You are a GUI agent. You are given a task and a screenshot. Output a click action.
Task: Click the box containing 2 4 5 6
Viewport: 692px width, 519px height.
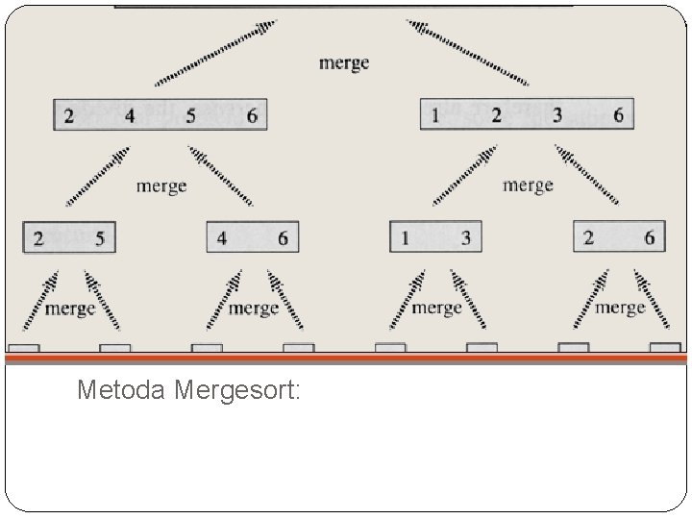(x=160, y=115)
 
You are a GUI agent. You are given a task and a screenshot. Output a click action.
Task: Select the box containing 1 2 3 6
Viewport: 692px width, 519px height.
(x=526, y=115)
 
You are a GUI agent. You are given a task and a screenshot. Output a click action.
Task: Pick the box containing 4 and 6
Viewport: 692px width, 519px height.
(x=253, y=237)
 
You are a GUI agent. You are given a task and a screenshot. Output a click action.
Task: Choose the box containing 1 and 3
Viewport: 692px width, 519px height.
(x=435, y=237)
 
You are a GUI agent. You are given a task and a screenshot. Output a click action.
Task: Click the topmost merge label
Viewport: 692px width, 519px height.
(x=344, y=63)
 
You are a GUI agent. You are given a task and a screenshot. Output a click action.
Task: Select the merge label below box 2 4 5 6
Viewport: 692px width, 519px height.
(x=161, y=185)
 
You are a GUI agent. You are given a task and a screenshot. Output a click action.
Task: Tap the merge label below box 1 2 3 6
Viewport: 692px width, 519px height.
(x=528, y=185)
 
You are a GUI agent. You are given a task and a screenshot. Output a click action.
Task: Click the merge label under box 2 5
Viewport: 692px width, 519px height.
(x=70, y=308)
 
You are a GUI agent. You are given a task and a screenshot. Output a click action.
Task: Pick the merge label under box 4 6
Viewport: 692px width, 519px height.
(x=254, y=308)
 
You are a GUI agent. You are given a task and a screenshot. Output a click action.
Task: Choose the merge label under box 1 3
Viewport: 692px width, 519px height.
(x=437, y=308)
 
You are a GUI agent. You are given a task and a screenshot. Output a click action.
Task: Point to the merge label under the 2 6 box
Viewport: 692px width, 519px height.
(x=620, y=308)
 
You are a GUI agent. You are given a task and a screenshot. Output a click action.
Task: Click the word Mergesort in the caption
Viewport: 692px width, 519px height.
(x=240, y=391)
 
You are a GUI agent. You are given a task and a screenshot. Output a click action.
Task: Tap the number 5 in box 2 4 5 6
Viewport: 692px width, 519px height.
(x=191, y=116)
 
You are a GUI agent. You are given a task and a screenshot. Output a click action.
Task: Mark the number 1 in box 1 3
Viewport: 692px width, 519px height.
(x=406, y=238)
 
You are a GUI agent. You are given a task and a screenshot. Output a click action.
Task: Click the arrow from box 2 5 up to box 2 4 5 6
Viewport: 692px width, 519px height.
(x=97, y=176)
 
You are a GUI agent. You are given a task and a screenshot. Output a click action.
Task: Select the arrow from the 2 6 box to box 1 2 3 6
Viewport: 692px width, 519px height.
(x=585, y=175)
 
